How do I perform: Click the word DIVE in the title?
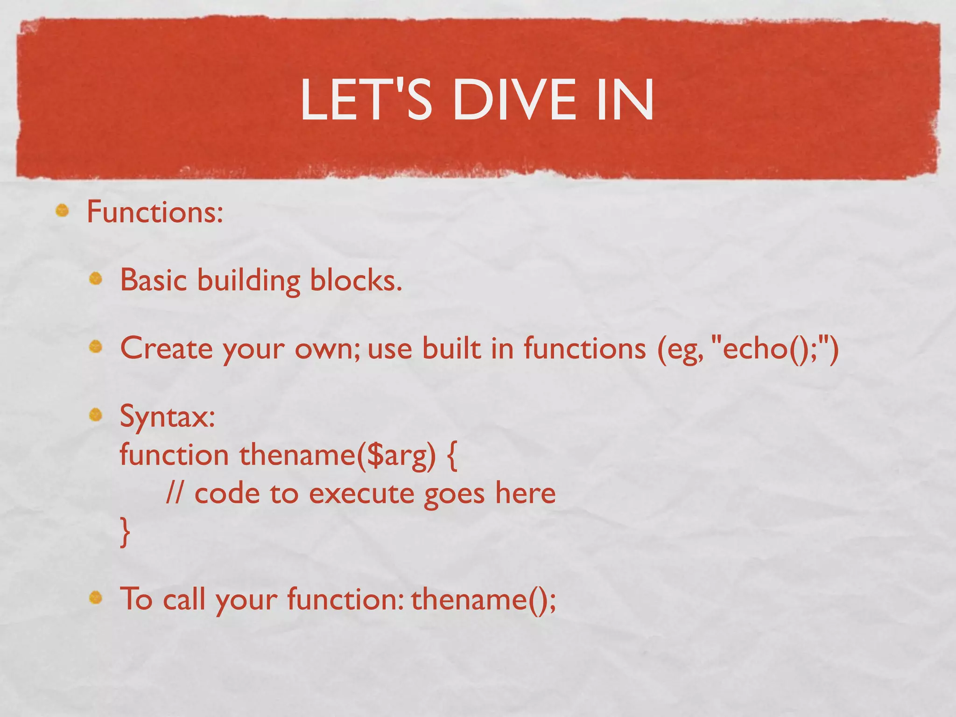(x=514, y=100)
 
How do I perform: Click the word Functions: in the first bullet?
(x=155, y=212)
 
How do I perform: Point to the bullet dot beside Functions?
(x=62, y=211)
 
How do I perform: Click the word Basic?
(x=153, y=280)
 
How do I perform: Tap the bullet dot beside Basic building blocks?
(x=96, y=279)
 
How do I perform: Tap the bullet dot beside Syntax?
(x=96, y=415)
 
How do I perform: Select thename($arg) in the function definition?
(x=337, y=455)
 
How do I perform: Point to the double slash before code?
(x=175, y=493)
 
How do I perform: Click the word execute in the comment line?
(x=361, y=494)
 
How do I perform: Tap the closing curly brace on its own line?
(x=125, y=532)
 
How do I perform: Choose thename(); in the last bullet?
(x=484, y=599)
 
